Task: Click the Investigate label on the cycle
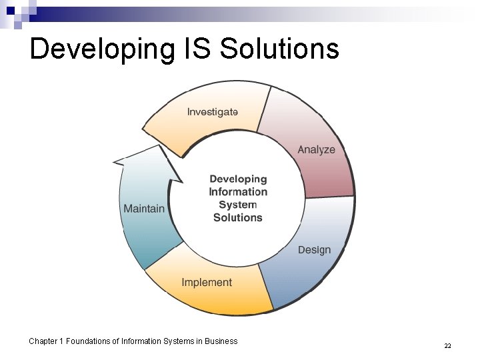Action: pos(212,112)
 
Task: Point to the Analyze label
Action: pos(316,149)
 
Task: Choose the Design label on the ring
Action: pos(314,250)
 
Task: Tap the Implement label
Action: pos(207,283)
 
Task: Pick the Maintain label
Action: pos(144,209)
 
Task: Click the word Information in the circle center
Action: pos(238,192)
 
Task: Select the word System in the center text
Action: pos(238,205)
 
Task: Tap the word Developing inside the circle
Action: pos(238,179)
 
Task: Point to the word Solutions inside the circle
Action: pos(238,217)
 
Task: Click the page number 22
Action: pos(447,346)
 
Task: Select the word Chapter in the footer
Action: pos(43,341)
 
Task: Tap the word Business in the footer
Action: pos(221,341)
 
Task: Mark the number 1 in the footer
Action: pos(61,341)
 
